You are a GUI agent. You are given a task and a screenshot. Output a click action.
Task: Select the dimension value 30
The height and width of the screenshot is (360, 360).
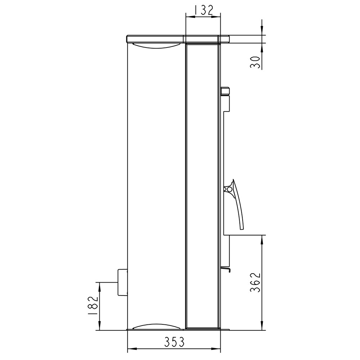255,62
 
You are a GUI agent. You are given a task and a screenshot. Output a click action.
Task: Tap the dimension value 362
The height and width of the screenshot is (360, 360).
255,282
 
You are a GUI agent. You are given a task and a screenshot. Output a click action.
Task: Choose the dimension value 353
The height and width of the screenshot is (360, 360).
174,342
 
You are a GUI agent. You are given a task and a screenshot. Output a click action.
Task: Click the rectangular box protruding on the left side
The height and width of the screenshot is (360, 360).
123,282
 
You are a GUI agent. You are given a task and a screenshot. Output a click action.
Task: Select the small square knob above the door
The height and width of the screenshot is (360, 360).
225,91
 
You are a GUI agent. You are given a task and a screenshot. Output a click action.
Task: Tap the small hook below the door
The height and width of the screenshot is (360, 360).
225,269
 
